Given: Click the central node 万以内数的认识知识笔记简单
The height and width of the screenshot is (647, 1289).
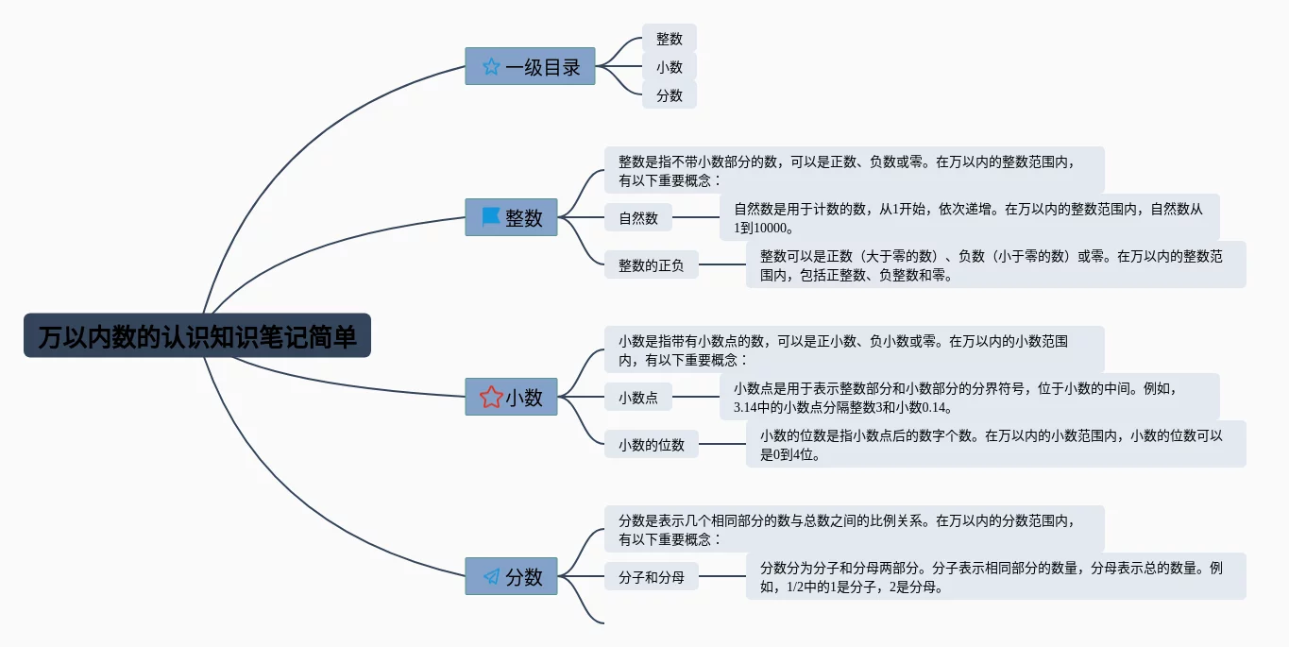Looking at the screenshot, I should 197,336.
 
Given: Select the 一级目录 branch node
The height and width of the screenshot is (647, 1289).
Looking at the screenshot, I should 530,66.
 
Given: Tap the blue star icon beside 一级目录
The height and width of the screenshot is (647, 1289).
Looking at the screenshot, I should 491,67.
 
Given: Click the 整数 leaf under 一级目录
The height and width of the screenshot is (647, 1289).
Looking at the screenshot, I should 670,39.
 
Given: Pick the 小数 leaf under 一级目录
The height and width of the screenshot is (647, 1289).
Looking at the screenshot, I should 670,67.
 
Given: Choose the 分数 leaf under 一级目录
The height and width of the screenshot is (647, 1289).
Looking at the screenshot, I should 670,94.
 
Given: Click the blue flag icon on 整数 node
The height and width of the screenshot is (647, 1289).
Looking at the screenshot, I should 491,217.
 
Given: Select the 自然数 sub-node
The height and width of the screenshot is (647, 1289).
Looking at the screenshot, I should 638,218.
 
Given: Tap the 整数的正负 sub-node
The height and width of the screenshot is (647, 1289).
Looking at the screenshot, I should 651,265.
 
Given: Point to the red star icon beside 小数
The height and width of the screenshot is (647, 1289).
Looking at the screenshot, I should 491,397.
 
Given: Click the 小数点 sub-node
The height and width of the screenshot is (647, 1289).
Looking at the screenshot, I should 638,398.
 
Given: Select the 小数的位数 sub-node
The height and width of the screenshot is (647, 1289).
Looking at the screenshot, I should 651,444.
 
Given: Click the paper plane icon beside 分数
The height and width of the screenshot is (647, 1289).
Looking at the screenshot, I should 491,576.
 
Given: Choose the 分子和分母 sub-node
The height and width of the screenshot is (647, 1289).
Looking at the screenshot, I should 651,576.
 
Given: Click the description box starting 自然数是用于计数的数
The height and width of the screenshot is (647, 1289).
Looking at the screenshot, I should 969,217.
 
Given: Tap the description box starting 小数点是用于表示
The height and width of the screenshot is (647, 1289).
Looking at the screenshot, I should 969,397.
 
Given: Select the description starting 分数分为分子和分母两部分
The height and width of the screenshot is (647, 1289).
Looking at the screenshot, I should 995,576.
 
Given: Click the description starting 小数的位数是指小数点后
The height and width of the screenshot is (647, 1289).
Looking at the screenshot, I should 995,444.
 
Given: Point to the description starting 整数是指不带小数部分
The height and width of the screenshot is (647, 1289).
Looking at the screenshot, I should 854,170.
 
